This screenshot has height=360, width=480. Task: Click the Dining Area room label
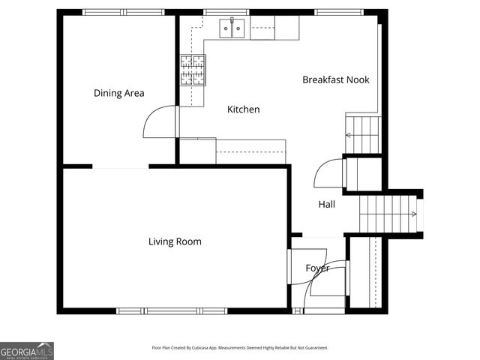click(x=118, y=94)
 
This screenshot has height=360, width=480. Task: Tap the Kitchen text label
click(x=243, y=109)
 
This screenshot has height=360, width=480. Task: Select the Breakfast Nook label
click(x=335, y=79)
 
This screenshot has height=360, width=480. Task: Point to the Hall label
click(x=326, y=204)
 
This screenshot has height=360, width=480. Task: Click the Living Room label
click(x=174, y=241)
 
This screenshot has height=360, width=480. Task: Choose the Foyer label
click(x=317, y=268)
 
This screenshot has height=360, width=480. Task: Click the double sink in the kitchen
click(x=232, y=28)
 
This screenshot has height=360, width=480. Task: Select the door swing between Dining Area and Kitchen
click(x=159, y=123)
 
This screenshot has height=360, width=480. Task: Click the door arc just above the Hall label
click(x=328, y=174)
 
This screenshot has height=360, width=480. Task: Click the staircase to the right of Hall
click(x=387, y=214)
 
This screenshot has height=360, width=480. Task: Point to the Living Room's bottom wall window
click(x=172, y=310)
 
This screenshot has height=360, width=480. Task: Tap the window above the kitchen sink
click(x=226, y=12)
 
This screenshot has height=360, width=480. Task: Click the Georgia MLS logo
click(x=27, y=351)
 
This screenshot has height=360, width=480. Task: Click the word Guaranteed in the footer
click(x=314, y=348)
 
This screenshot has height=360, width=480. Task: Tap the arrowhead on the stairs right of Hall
click(x=413, y=214)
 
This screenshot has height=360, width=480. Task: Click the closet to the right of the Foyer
click(x=365, y=271)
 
